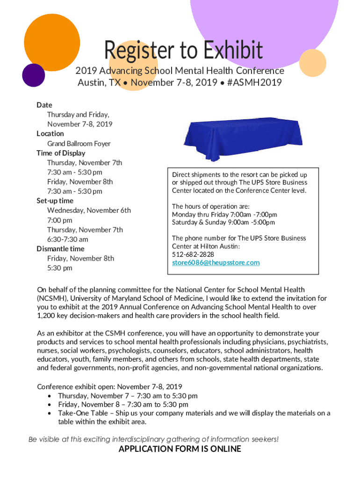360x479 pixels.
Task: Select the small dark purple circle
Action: point(33,75)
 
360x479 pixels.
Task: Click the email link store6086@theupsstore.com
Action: point(216,263)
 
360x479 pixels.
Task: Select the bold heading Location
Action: point(50,134)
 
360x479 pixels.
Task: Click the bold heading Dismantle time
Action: point(60,249)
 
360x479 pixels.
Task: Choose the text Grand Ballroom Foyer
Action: point(79,144)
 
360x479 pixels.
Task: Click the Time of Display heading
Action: point(61,153)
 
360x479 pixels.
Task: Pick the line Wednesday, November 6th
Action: point(89,210)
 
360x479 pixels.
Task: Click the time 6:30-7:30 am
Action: point(67,239)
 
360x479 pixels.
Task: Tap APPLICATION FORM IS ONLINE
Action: point(180,450)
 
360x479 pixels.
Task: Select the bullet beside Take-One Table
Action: point(50,414)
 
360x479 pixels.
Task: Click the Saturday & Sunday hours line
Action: point(223,222)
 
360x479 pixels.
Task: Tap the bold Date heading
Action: point(44,105)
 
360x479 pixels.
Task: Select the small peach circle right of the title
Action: point(312,63)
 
